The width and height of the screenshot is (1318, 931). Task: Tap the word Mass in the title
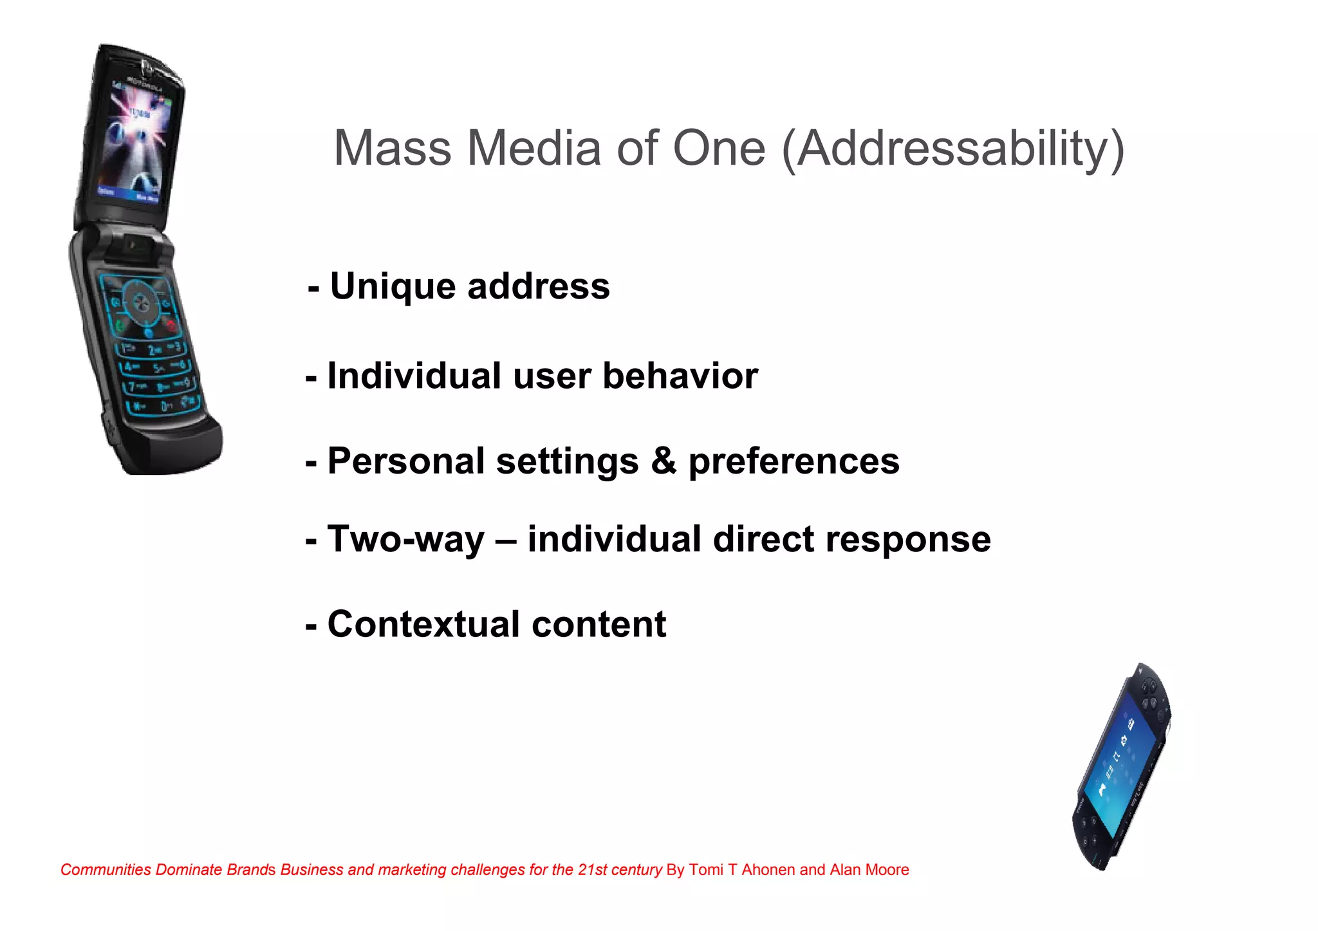(x=393, y=149)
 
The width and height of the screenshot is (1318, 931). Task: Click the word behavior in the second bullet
(x=680, y=376)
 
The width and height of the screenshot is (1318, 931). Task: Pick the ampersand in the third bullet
(x=664, y=461)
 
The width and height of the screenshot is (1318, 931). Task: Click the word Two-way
(x=405, y=540)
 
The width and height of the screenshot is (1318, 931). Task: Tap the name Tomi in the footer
(x=706, y=870)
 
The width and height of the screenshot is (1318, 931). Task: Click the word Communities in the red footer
(x=106, y=870)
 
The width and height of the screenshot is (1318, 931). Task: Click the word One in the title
(x=719, y=149)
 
